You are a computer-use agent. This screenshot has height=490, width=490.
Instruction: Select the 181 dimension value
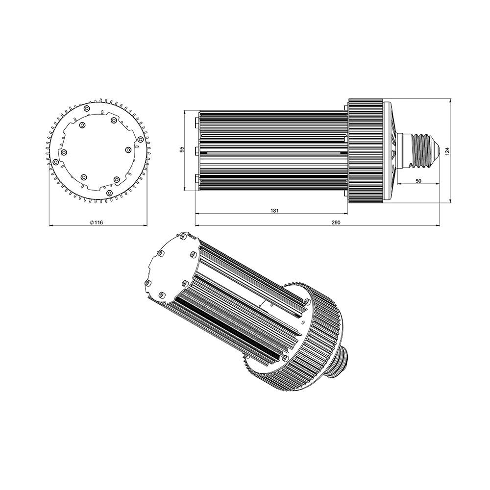pos(274,211)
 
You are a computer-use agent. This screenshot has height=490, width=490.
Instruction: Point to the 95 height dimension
pos(182,149)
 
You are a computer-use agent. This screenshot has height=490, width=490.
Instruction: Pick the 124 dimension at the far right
pos(447,151)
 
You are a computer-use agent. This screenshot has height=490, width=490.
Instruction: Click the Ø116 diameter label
pos(96,222)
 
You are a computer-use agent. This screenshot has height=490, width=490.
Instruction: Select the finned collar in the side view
pos(366,151)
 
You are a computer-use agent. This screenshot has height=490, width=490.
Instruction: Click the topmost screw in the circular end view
pos(87,108)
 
